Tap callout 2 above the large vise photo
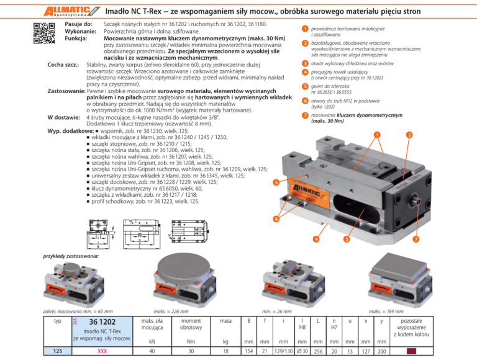(x=409, y=135)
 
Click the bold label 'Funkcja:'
(x=79, y=38)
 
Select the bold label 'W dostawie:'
(x=66, y=116)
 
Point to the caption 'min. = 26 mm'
(x=278, y=310)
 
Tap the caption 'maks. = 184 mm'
(x=386, y=310)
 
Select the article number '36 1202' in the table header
(x=101, y=322)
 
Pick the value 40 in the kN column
(x=144, y=351)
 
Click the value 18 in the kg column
(x=225, y=351)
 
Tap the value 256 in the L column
(x=319, y=351)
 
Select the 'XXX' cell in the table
(x=100, y=351)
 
